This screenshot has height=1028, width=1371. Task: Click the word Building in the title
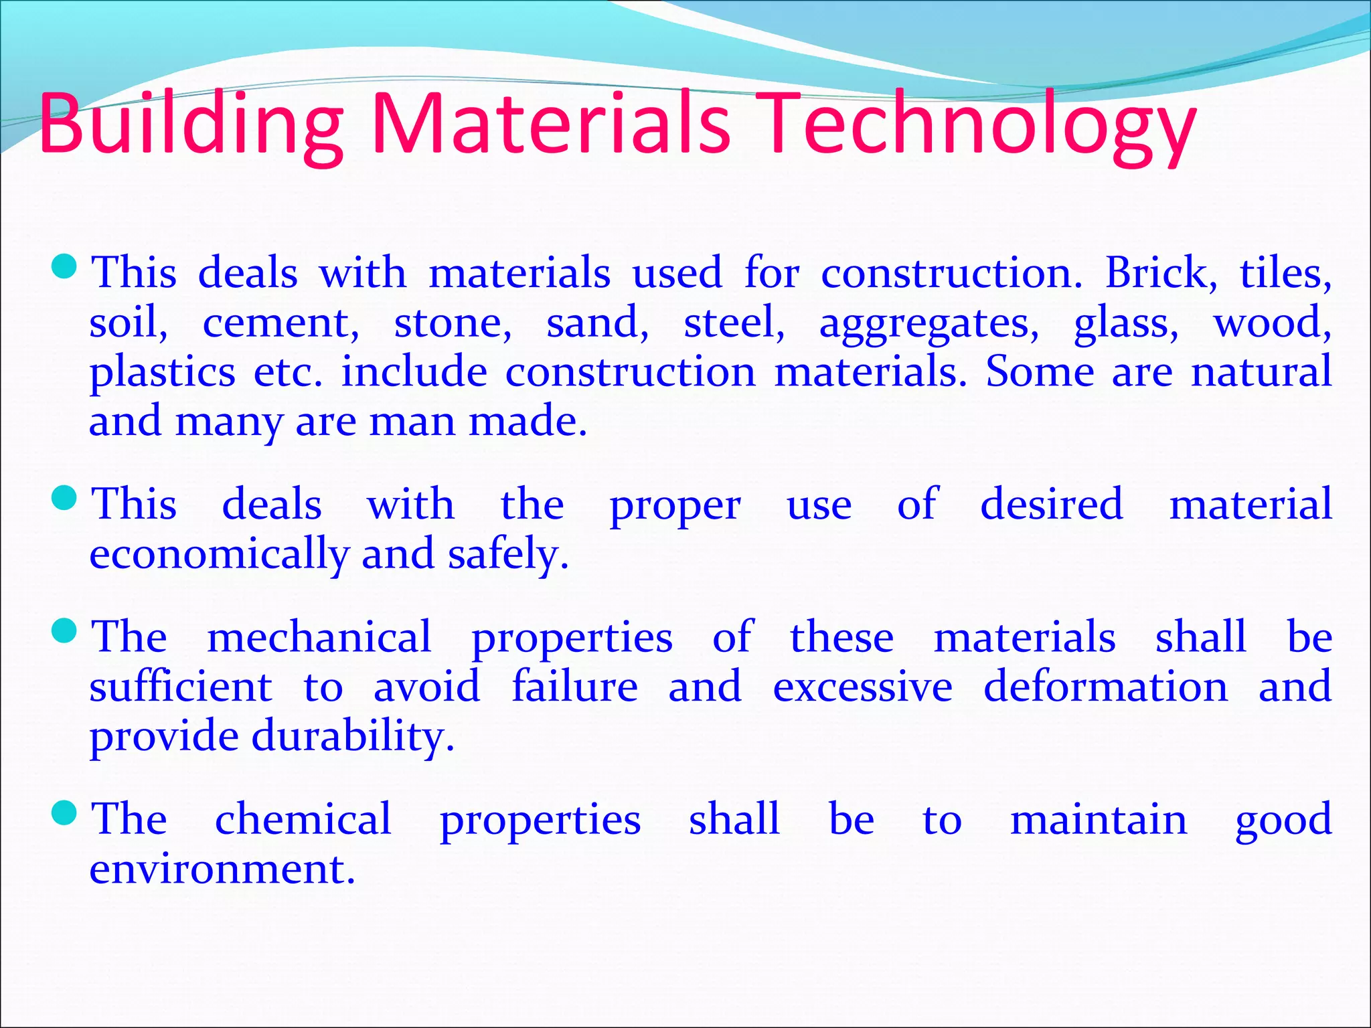point(191,124)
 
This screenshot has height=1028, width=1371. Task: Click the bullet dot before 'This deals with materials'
point(66,267)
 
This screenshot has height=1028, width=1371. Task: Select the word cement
point(280,323)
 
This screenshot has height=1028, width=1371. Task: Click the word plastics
point(163,372)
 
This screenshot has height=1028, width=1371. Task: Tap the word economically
point(219,554)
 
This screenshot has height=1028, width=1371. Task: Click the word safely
point(508,554)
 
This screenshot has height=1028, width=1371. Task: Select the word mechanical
point(319,636)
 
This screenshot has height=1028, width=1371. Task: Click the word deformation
point(1105,687)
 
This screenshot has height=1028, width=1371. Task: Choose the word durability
point(353,736)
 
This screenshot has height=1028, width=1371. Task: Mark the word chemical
point(303,819)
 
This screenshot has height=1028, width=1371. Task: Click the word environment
point(222,869)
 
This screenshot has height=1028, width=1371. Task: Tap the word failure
point(574,687)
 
